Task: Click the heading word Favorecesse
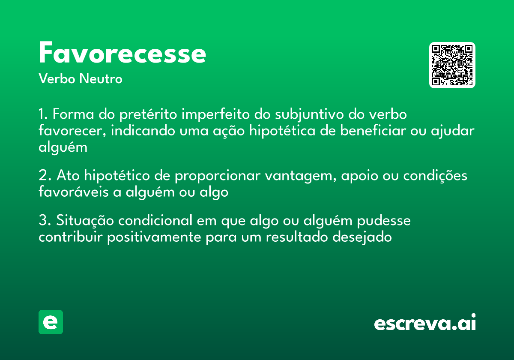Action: point(123,53)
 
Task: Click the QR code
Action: point(452,65)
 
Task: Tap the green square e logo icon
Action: point(51,322)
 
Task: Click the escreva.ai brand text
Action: point(425,323)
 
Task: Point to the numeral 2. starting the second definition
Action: point(44,176)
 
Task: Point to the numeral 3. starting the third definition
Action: point(44,221)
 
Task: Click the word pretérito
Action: point(148,115)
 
